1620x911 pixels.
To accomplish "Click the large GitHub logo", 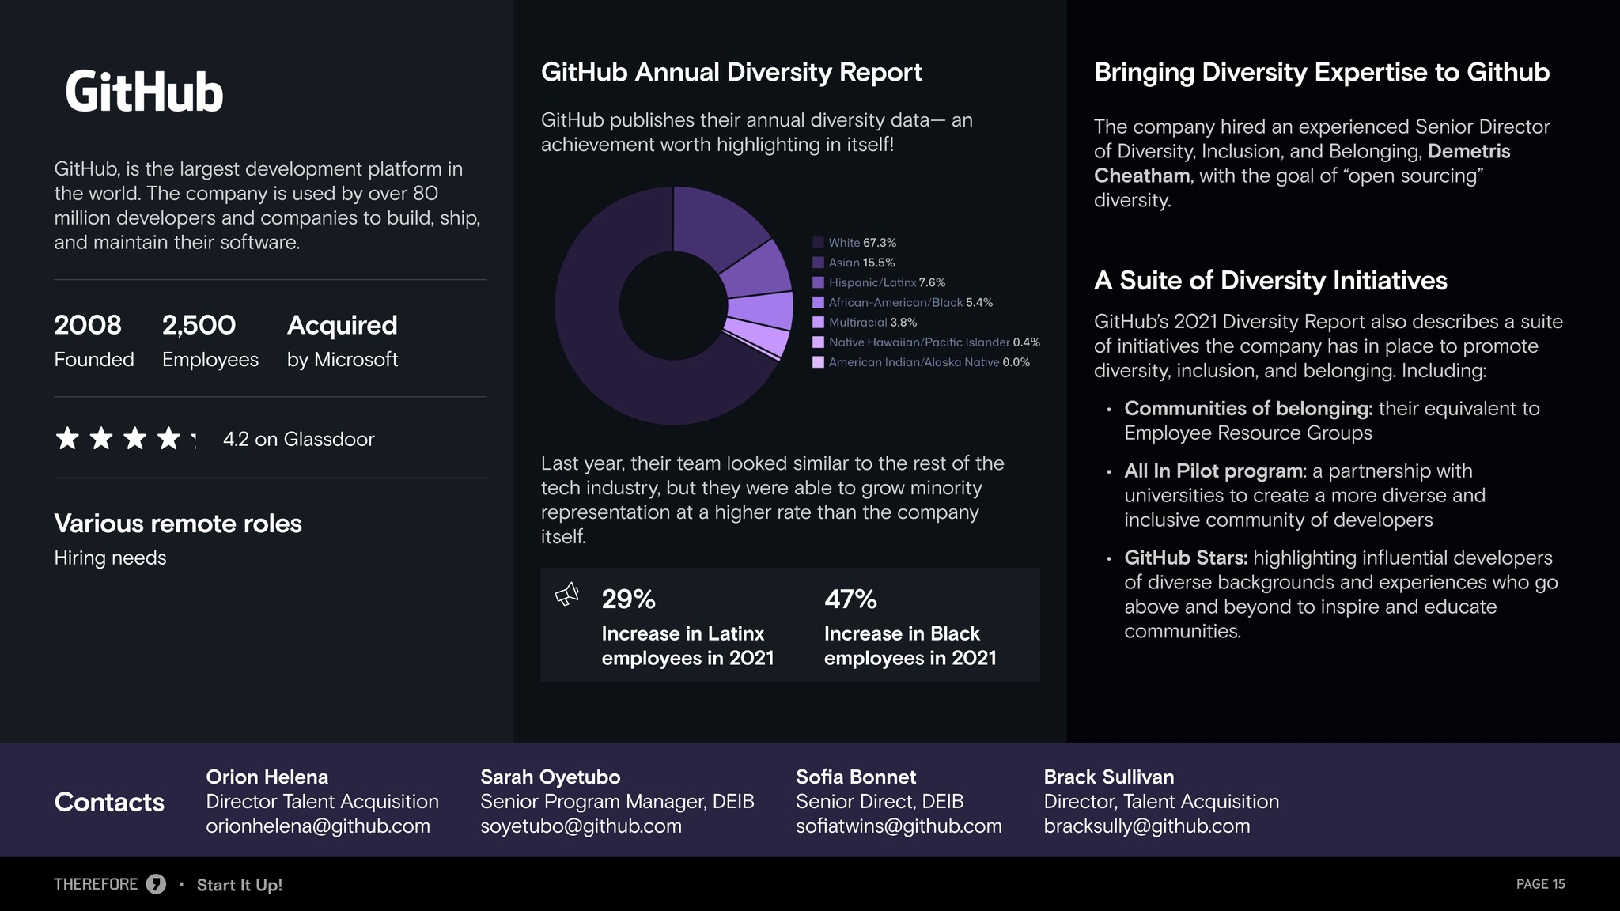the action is coord(144,92).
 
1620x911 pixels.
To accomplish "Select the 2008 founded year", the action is coord(88,325).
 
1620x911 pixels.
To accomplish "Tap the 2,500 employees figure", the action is coord(199,325).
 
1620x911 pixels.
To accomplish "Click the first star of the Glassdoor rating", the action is coord(67,438).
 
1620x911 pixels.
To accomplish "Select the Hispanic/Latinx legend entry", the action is coord(879,282).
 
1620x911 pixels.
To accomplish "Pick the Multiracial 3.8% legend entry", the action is coord(865,323).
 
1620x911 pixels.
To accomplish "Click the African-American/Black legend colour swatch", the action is coord(819,303).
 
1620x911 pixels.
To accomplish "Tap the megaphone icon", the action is coord(567,595).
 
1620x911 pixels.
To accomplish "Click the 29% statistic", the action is coord(629,599).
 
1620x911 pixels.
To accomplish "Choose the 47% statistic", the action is coord(851,599).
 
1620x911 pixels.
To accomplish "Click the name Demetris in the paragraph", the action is coord(1469,151).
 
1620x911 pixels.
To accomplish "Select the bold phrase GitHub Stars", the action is coord(1186,558).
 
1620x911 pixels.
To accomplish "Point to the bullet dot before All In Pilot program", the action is coord(1109,472).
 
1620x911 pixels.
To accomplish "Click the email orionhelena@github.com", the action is coord(318,826).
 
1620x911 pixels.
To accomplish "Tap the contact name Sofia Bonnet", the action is coord(856,777).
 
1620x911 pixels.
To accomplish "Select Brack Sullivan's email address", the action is coord(1147,826).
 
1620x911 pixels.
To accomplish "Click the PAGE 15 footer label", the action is coord(1540,884).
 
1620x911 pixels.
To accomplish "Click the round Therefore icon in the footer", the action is coord(156,884).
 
